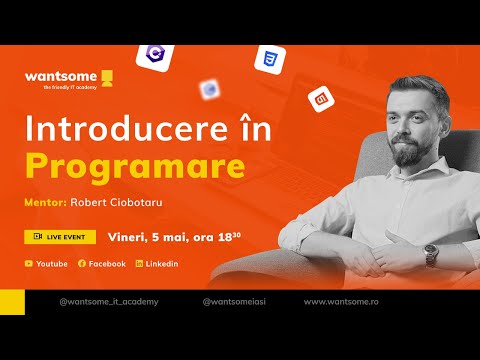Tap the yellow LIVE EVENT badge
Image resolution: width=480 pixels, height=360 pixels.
point(60,237)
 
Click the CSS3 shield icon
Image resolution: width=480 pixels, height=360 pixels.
point(269,60)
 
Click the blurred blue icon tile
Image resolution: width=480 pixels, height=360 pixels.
point(210,90)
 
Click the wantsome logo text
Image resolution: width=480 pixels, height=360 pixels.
point(58,76)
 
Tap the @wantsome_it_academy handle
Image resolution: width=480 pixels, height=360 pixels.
point(109,301)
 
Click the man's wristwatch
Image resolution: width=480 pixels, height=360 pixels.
point(431,254)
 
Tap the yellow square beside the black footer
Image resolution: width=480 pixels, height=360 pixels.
point(12,301)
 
